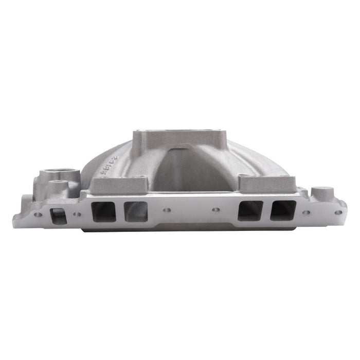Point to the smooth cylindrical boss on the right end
click(321, 193)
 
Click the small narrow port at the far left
click(59, 215)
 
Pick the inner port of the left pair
click(135, 211)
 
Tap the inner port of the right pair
click(250, 210)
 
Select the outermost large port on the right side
click(283, 210)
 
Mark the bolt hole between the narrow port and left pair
click(77, 213)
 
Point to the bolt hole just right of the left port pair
click(168, 210)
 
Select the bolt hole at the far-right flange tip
click(337, 212)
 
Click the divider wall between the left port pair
click(120, 211)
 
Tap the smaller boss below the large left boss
click(61, 186)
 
